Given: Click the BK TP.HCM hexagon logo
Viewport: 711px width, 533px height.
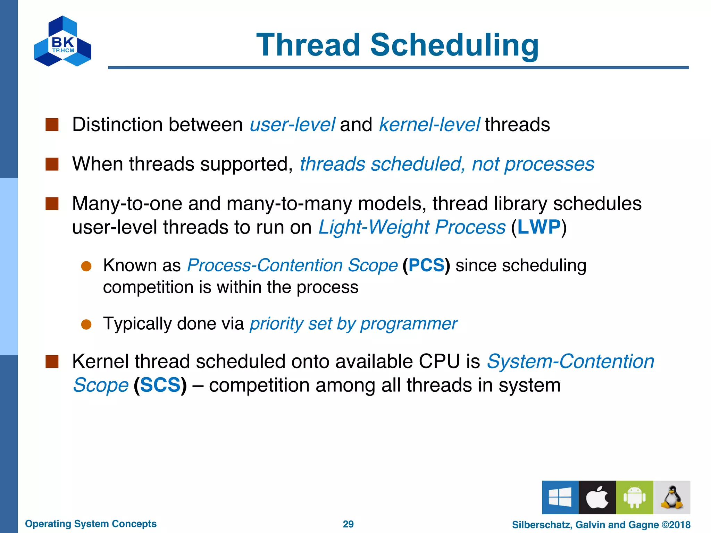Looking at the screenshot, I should click(x=62, y=42).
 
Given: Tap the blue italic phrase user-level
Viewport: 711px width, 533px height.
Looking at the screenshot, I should click(x=292, y=125).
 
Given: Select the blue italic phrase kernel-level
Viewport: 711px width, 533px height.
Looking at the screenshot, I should click(x=429, y=125).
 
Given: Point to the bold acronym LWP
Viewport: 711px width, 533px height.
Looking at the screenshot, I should click(x=539, y=227).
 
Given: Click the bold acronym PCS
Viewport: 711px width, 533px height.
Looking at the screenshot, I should click(x=426, y=265).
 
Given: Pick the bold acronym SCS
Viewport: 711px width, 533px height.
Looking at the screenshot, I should click(x=160, y=385).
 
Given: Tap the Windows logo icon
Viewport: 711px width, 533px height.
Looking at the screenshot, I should click(x=560, y=497).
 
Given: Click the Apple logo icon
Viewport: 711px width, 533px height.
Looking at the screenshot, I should click(x=597, y=497).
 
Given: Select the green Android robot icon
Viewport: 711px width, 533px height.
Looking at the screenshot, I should click(x=634, y=497).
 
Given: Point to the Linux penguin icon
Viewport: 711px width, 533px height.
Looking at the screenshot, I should click(x=671, y=497).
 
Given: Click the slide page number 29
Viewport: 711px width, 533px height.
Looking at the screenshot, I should click(x=348, y=524).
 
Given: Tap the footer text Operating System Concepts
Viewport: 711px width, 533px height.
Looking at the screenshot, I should click(x=91, y=524).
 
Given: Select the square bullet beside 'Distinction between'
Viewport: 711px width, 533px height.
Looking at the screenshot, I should click(x=52, y=125).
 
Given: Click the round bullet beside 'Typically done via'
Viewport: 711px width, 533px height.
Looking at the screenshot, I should click(x=86, y=324).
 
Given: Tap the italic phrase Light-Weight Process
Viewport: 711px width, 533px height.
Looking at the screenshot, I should click(x=412, y=227).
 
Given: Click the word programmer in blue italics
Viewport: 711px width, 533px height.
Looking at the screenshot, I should click(x=409, y=324).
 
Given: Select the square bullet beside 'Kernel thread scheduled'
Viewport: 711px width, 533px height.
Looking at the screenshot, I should click(x=52, y=362).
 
